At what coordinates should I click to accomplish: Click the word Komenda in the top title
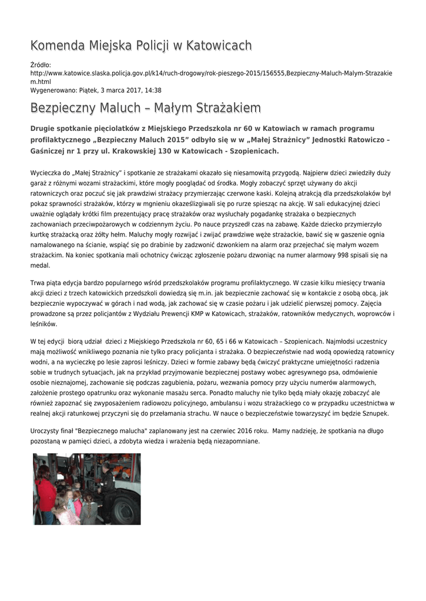[x=57, y=45]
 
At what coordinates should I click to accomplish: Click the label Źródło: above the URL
[x=41, y=65]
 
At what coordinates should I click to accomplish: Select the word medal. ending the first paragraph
[x=40, y=265]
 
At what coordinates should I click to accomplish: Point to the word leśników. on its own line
[x=43, y=323]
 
